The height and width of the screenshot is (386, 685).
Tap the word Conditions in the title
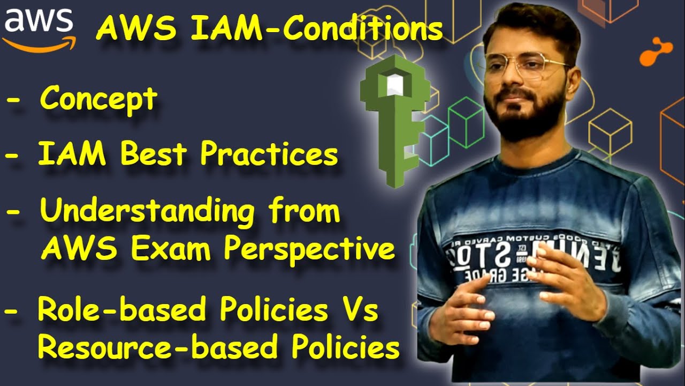[x=363, y=29]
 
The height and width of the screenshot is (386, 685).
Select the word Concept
[x=99, y=99]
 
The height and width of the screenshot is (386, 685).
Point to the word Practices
[x=269, y=154]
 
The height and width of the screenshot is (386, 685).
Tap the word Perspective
[x=309, y=249]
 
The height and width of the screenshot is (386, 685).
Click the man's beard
[x=527, y=115]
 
